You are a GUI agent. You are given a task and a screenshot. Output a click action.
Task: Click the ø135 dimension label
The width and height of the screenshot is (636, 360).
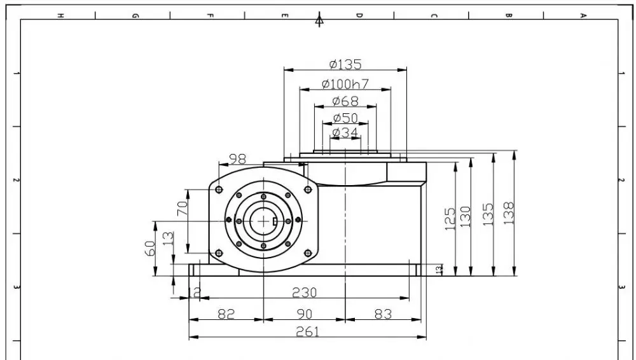pos(345,64)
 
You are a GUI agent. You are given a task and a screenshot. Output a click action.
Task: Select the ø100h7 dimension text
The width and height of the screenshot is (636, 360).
pos(345,84)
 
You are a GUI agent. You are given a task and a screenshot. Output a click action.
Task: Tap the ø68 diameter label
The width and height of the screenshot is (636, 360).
pos(345,101)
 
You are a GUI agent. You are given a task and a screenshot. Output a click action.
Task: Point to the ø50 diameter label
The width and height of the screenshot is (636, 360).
pos(345,118)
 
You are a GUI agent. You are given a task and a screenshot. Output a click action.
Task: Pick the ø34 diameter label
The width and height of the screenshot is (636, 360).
pos(345,133)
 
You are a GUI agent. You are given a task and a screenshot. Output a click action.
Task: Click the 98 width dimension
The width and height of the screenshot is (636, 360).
pos(237,158)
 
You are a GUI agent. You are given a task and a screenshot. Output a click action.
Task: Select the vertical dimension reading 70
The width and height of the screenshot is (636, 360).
pos(182,209)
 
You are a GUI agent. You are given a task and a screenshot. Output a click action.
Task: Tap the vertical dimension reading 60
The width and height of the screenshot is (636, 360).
pos(149,248)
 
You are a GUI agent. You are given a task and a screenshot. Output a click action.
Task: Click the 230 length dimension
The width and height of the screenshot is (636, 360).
pos(304,293)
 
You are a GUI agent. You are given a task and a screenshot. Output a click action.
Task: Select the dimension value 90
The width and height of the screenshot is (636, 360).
pos(305,314)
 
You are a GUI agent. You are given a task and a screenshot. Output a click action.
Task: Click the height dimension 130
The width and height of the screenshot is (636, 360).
pos(466,219)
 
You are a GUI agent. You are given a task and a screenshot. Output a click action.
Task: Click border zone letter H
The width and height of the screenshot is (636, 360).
pos(60,16)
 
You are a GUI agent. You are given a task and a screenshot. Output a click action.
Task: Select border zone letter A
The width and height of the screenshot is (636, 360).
pos(583,16)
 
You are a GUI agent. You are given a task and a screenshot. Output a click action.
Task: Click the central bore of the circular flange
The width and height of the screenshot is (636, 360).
pos(261,220)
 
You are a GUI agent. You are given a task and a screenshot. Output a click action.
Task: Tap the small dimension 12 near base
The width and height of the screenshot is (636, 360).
pos(195,293)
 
